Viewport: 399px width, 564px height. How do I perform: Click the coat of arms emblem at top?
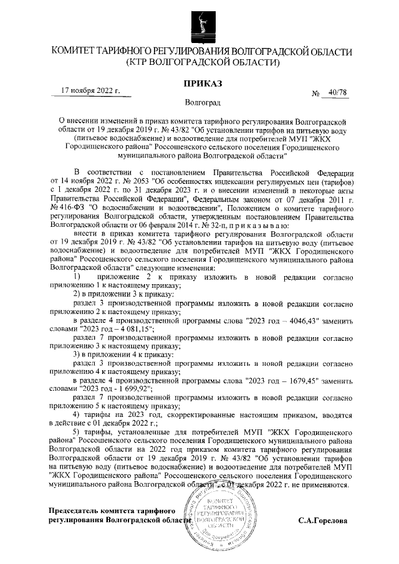tap(199, 23)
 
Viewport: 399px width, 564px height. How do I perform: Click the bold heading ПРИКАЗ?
tap(199, 84)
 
